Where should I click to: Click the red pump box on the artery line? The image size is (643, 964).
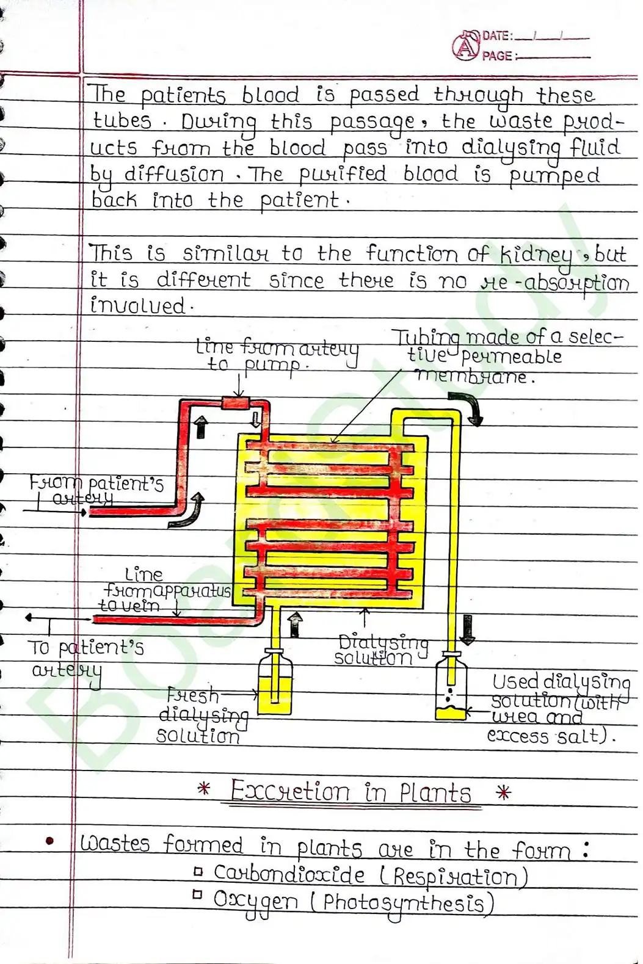(234, 403)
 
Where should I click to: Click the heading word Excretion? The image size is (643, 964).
(289, 792)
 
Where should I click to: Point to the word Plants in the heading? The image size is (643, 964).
(435, 793)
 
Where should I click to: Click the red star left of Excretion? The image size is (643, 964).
(204, 789)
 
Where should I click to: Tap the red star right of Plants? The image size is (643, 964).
(503, 793)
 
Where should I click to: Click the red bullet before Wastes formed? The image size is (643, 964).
(50, 842)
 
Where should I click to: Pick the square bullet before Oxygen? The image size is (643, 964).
(197, 895)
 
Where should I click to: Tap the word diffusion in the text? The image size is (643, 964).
(174, 175)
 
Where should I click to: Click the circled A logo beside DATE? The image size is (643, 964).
(466, 46)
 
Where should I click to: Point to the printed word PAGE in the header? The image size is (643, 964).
(497, 56)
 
